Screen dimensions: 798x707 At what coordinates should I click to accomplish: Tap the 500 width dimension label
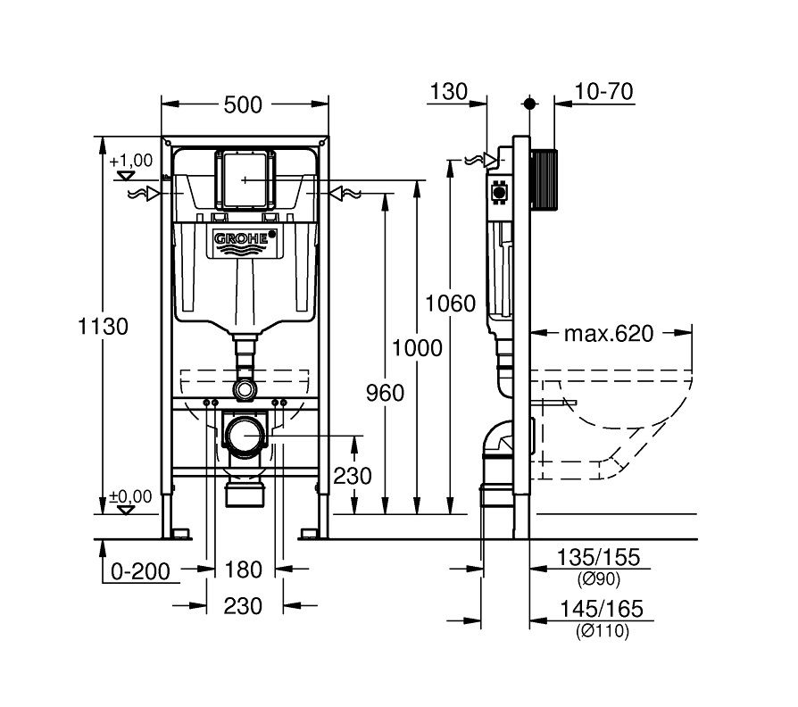[243, 104]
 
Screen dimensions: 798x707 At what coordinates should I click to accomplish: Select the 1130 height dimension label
[103, 326]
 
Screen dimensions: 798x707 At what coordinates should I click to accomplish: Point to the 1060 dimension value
[450, 304]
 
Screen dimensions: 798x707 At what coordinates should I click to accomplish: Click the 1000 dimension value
[417, 348]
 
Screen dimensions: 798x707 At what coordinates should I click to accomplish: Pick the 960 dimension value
[386, 393]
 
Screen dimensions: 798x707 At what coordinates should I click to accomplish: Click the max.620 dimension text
[609, 334]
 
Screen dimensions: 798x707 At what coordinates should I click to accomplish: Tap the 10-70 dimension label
[603, 92]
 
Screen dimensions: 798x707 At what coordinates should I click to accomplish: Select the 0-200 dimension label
[140, 571]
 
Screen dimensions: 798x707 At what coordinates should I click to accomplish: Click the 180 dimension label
[244, 570]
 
